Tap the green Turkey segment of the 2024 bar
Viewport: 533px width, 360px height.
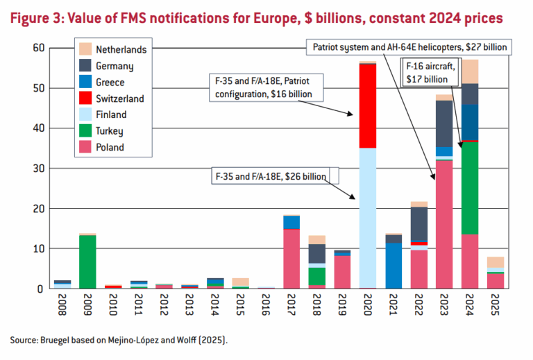point(470,187)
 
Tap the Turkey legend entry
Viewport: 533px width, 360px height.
point(112,131)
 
